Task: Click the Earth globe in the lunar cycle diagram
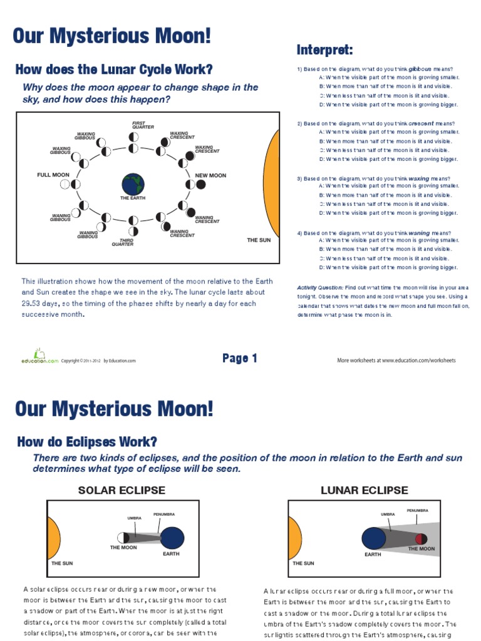[133, 184]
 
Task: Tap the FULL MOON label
[53, 175]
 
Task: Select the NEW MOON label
[210, 175]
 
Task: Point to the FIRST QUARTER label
[143, 125]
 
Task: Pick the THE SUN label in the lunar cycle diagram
[259, 240]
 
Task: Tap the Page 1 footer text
[240, 359]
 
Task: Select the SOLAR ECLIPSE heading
[122, 490]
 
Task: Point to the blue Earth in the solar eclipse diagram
[170, 537]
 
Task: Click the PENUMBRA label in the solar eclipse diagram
[164, 515]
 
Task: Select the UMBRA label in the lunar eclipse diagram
[388, 514]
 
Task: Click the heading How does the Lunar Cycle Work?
[113, 69]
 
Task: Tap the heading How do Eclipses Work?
[87, 441]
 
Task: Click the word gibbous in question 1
[420, 68]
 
